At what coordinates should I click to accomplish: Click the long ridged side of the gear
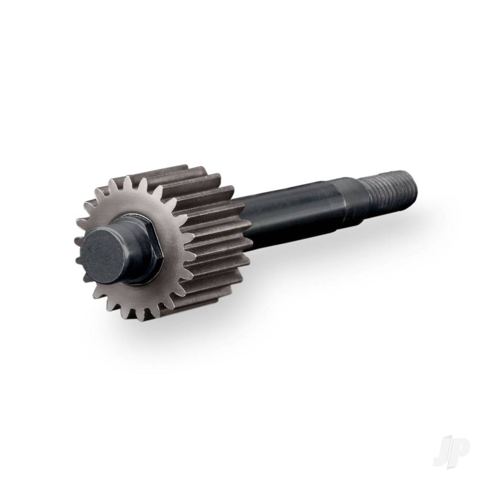point(213,228)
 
